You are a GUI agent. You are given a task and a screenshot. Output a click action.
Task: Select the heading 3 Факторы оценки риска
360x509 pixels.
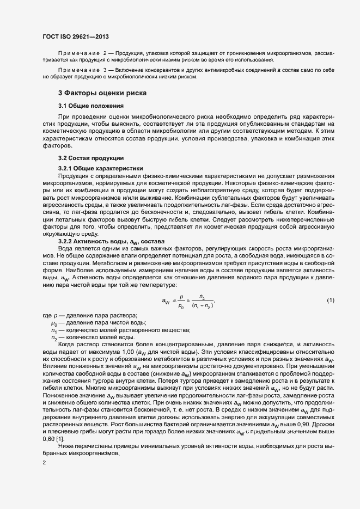101,93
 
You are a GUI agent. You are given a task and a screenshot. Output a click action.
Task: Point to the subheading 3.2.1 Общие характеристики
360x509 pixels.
100,168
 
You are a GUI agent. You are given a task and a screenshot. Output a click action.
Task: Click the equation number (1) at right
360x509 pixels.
330,301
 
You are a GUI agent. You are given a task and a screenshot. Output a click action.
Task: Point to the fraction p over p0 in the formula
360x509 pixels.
181,301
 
